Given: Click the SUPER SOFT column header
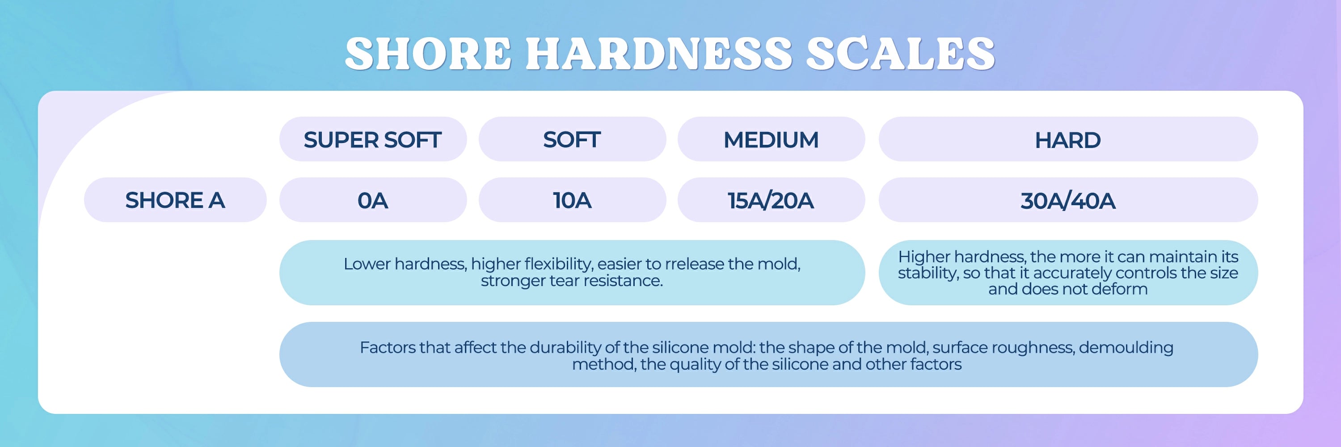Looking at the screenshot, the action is point(373,139).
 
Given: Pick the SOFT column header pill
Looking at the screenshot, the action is point(572,139).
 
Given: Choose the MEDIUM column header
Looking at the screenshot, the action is point(771,139).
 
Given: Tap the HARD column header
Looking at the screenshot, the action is point(1068,139).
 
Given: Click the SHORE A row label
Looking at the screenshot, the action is point(175,200).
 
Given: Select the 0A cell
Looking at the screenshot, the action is point(373,200).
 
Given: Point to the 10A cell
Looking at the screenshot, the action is point(572,200).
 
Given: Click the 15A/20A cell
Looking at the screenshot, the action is point(771,200).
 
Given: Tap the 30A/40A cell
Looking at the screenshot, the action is point(1068,200).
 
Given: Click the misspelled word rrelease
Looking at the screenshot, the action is point(695,264).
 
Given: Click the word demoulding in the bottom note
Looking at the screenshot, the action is point(1126,348).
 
